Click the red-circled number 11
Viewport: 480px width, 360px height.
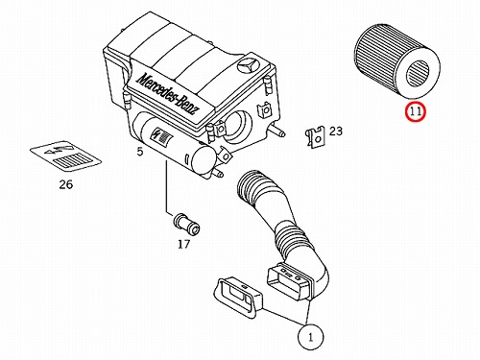pos(415,112)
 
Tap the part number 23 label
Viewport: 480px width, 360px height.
pos(336,131)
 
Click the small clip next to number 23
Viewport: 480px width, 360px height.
pos(316,137)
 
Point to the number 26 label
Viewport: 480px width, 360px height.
pos(66,184)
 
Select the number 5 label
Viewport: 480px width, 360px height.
pos(140,152)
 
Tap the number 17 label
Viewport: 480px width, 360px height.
pos(183,245)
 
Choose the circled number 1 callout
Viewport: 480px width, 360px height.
pos(310,337)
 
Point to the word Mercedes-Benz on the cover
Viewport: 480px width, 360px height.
pos(168,94)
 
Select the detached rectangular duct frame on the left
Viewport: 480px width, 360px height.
pos(238,298)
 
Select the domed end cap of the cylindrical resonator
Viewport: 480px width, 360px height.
pos(203,160)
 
